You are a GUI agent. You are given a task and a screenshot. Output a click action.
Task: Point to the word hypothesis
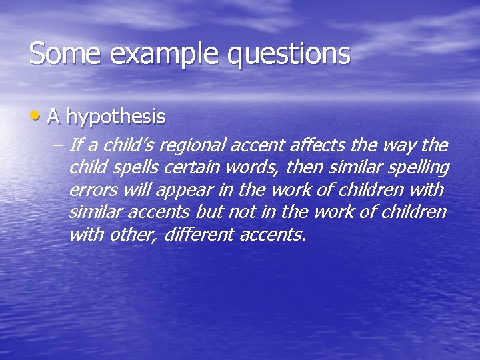pyautogui.click(x=116, y=118)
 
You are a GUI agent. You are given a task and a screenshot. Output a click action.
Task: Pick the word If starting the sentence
pyautogui.click(x=75, y=145)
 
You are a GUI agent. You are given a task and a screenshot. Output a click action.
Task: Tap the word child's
pyautogui.click(x=131, y=145)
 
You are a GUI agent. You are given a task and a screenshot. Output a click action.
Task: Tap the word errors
pyautogui.click(x=91, y=190)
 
